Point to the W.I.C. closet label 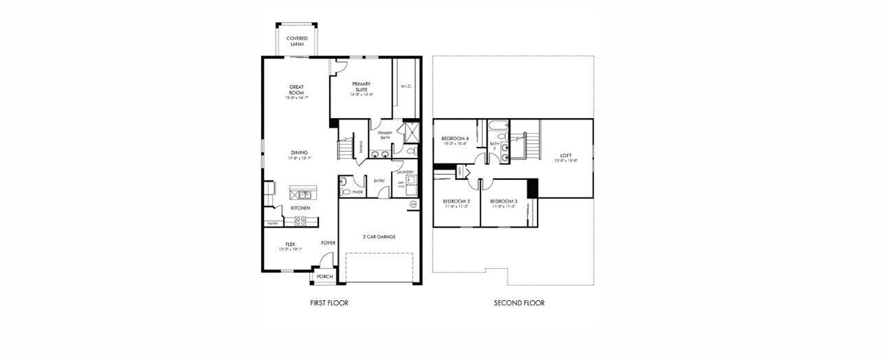(406, 87)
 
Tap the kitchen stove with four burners (300, 221)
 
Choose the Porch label (324, 277)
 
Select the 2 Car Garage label (379, 237)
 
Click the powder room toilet (343, 183)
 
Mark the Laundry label (404, 172)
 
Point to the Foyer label (328, 243)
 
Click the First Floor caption (329, 303)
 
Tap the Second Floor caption (519, 303)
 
